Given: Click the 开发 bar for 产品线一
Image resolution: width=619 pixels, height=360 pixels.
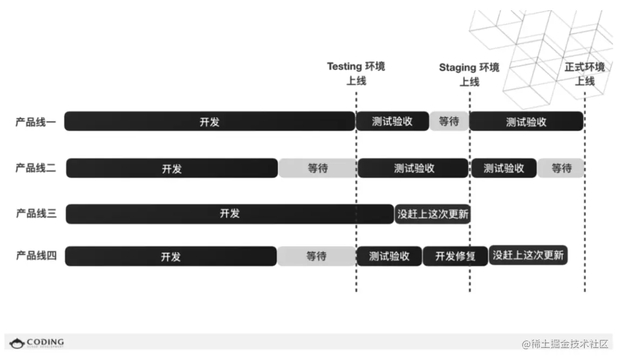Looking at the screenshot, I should tap(209, 122).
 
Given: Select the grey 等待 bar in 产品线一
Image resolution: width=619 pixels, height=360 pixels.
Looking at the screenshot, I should tap(449, 122).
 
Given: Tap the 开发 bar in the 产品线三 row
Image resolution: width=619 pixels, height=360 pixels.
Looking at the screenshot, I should tap(230, 214).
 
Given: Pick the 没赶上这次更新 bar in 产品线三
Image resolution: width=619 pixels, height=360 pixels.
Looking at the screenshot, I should tap(432, 214).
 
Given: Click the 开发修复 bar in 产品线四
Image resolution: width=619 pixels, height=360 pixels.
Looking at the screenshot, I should tap(456, 256).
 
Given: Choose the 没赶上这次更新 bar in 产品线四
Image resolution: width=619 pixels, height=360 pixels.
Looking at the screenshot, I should tap(528, 255).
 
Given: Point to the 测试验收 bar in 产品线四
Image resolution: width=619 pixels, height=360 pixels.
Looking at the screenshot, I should tap(389, 256).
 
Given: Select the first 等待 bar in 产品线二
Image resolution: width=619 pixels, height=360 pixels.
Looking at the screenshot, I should tap(318, 168).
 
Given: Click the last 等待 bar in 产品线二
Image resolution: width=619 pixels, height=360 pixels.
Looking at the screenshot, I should tap(561, 168).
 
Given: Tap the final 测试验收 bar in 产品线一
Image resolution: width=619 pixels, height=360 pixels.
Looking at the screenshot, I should tap(526, 122).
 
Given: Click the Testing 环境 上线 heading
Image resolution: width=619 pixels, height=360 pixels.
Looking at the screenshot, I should tap(356, 74).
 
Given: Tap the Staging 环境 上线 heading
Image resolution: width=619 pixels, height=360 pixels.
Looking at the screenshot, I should tap(469, 75).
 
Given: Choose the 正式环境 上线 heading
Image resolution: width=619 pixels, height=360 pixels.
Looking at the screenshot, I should tap(584, 74).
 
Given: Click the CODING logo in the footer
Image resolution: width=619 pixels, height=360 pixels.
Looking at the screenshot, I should tap(37, 343).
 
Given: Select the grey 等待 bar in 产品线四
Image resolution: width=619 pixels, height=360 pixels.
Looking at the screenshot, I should tap(316, 256).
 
